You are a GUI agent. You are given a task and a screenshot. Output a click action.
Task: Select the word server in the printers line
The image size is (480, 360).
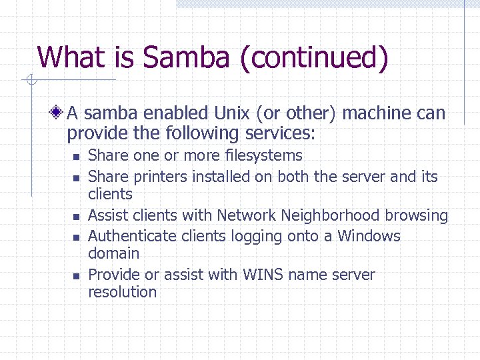(x=362, y=177)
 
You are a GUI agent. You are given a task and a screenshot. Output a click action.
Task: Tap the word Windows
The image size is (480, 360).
(x=369, y=236)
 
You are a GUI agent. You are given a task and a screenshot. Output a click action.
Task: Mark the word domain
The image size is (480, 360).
(x=113, y=254)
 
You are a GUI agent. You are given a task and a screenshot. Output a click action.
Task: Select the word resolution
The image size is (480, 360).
(x=122, y=293)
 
